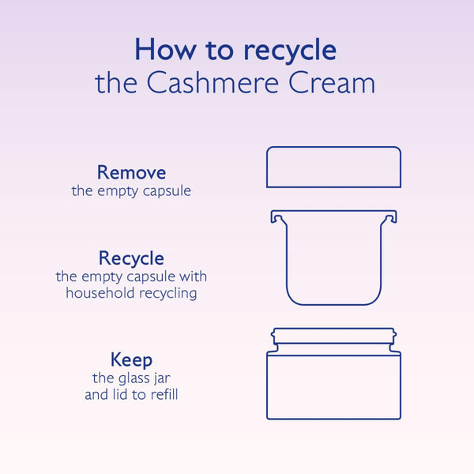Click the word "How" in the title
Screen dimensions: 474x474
pos(165,49)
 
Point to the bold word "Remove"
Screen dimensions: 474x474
pos(131,172)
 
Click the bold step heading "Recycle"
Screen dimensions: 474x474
pos(131,259)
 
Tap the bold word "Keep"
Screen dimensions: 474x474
pos(131,361)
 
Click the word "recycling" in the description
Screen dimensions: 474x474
pos(168,294)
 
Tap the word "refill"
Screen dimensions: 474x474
pos(164,394)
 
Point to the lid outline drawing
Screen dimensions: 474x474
pos(333,147)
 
